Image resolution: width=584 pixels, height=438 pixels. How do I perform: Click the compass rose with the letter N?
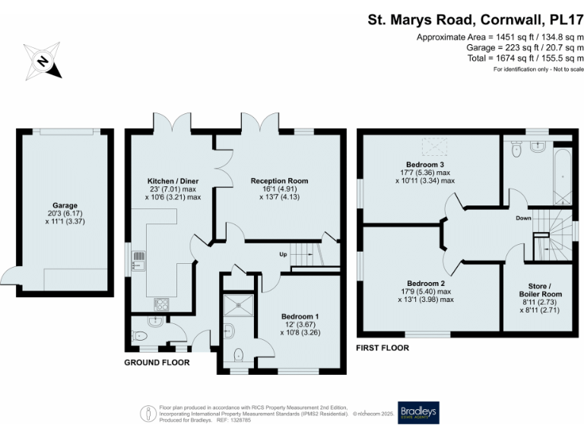[43, 62]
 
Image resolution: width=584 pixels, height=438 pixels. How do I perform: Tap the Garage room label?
[65, 205]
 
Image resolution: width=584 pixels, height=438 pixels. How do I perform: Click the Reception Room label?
[279, 181]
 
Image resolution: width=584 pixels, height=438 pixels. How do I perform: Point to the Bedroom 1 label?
[300, 316]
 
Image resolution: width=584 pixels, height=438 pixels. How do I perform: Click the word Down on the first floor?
[523, 217]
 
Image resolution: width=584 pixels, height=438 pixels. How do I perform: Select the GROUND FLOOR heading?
[157, 363]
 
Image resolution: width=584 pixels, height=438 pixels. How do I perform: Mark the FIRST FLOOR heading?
[383, 348]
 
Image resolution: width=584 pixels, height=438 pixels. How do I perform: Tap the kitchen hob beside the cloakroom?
[162, 304]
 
